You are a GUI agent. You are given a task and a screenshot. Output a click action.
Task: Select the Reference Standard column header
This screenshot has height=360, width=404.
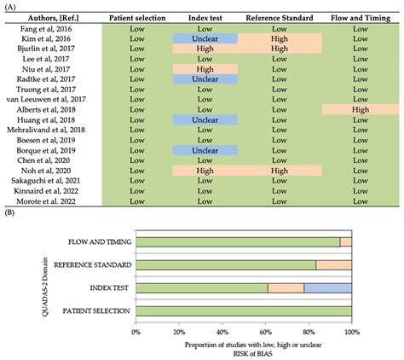click(280, 17)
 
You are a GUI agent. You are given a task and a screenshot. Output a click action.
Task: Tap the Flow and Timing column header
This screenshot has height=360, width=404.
click(360, 17)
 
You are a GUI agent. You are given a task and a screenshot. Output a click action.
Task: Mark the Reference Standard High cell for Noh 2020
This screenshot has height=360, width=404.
click(280, 171)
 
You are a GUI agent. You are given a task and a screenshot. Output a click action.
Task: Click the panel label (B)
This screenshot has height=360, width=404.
click(9, 217)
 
